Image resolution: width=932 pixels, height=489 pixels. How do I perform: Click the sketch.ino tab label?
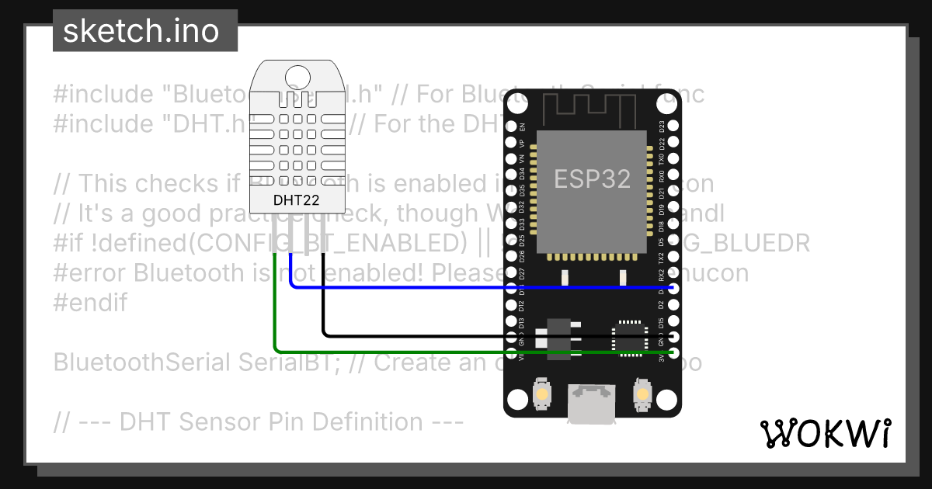140,31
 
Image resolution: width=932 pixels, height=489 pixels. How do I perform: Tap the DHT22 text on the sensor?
297,199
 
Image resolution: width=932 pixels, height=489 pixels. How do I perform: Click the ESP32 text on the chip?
592,179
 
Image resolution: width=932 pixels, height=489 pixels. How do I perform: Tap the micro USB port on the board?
592,404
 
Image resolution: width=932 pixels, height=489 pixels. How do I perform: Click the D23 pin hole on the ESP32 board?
673,126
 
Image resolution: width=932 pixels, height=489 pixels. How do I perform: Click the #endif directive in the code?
90,303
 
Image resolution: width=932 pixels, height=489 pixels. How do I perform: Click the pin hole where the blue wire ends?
673,287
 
